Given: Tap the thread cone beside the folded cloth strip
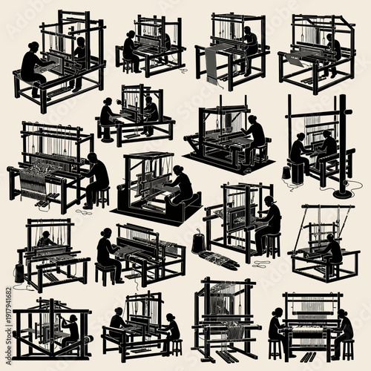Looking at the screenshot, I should tap(199, 243).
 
